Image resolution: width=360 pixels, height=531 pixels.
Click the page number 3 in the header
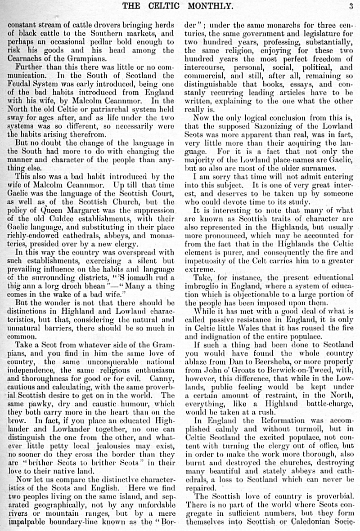pyautogui.click(x=350, y=6)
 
